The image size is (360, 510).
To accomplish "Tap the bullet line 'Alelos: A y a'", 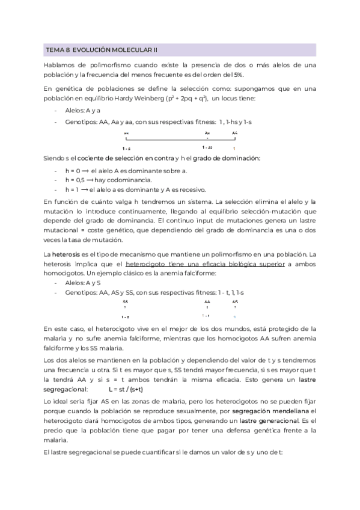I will coord(82,110).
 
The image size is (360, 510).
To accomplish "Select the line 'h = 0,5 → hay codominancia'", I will coord(108,179).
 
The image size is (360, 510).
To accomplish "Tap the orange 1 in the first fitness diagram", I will coord(234,147).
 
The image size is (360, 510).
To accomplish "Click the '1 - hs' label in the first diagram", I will coord(207,147).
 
